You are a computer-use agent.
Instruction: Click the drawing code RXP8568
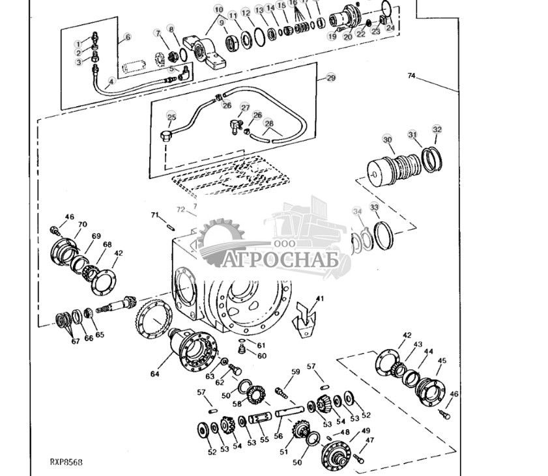pos(66,462)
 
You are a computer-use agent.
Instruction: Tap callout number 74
pos(411,76)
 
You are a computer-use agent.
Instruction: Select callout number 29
pos(331,77)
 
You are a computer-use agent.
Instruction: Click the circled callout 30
pos(387,140)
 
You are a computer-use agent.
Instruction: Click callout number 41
pos(319,299)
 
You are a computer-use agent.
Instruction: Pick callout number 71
pos(154,215)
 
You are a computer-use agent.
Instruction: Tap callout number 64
pos(154,374)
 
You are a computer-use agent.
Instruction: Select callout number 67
pos(76,341)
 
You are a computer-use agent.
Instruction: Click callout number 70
pos(82,225)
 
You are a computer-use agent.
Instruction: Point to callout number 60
pos(261,356)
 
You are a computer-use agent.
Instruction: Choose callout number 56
pos(279,436)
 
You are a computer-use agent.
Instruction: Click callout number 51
pos(283,452)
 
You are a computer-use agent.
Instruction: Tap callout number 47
pos(370,441)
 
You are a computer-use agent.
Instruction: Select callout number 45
pos(442,361)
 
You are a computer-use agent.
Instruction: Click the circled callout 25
pos(171,118)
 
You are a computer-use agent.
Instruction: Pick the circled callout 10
pos(218,10)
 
